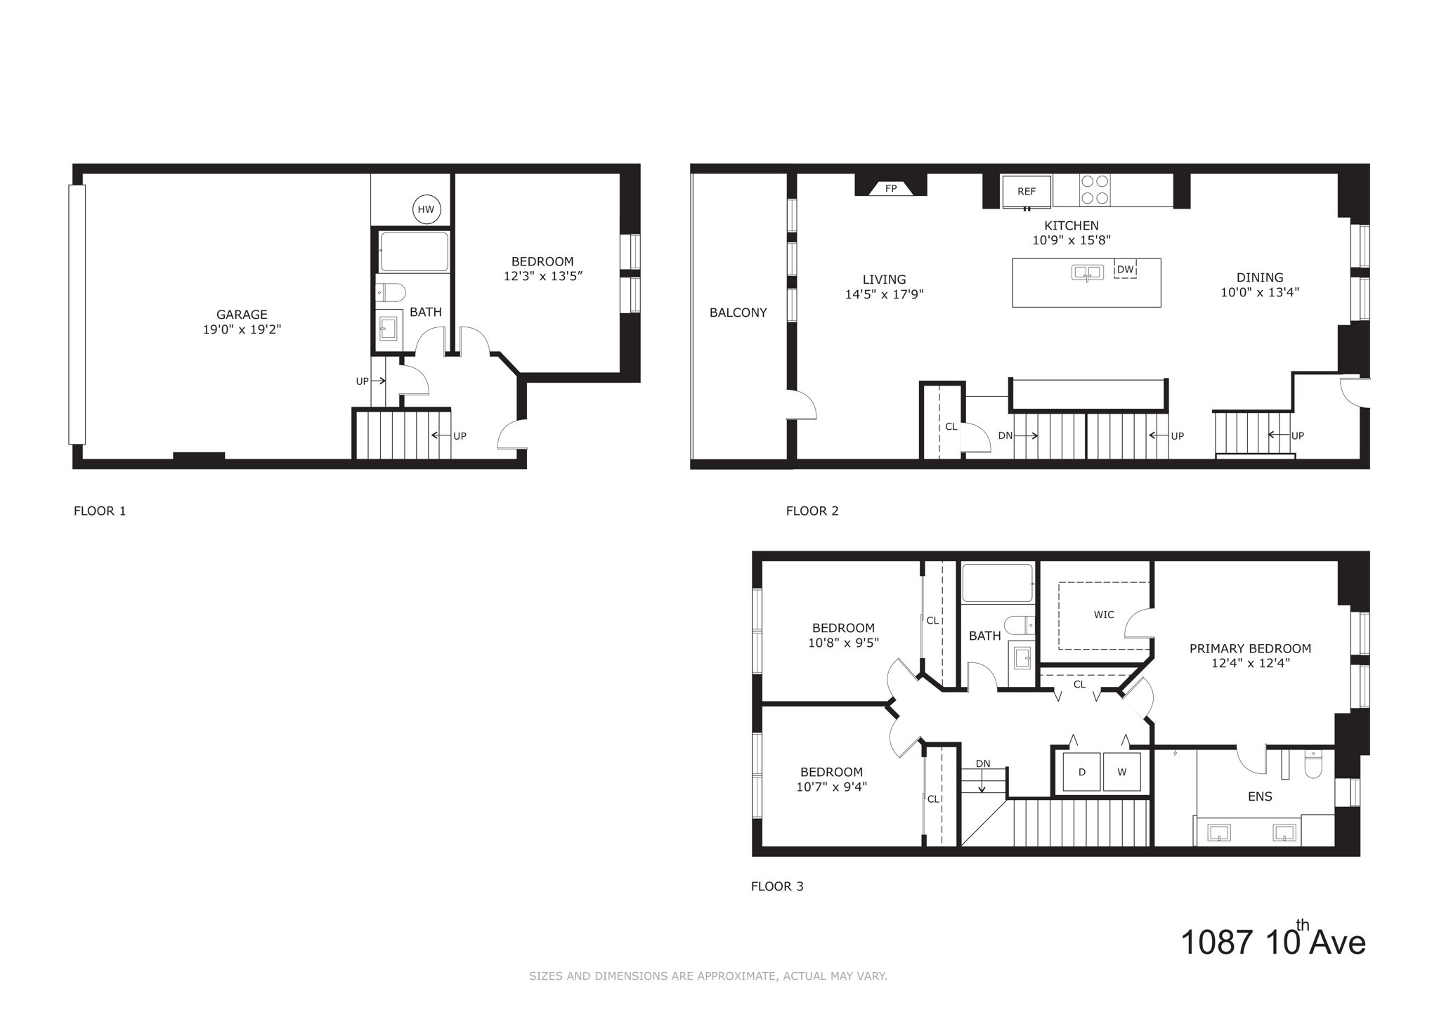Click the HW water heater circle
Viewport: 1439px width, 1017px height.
(427, 209)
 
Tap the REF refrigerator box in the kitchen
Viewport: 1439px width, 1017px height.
(1027, 191)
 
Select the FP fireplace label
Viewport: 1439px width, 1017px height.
(891, 188)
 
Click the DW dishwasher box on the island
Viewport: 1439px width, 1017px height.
(1125, 270)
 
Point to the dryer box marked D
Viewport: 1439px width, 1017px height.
(1081, 772)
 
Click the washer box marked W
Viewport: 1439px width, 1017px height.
(1122, 772)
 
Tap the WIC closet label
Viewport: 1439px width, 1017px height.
(1104, 615)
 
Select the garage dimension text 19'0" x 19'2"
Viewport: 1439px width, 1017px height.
(242, 329)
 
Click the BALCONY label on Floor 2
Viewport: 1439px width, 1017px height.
(738, 313)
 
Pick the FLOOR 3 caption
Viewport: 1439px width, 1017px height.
(777, 886)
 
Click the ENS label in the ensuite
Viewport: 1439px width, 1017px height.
(1260, 796)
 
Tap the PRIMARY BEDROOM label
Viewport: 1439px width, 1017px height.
(1250, 648)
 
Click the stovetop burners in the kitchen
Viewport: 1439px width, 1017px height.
(1095, 190)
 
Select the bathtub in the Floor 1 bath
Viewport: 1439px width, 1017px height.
(414, 251)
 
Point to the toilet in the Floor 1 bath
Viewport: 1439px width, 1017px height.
(391, 291)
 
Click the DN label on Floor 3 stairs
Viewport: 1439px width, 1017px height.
(982, 763)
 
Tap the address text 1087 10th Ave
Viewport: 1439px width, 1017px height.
(1272, 942)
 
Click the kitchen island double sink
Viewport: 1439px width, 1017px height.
(1087, 273)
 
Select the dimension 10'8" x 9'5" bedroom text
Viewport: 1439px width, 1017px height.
(843, 643)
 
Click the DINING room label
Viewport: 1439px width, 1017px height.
(1260, 277)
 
